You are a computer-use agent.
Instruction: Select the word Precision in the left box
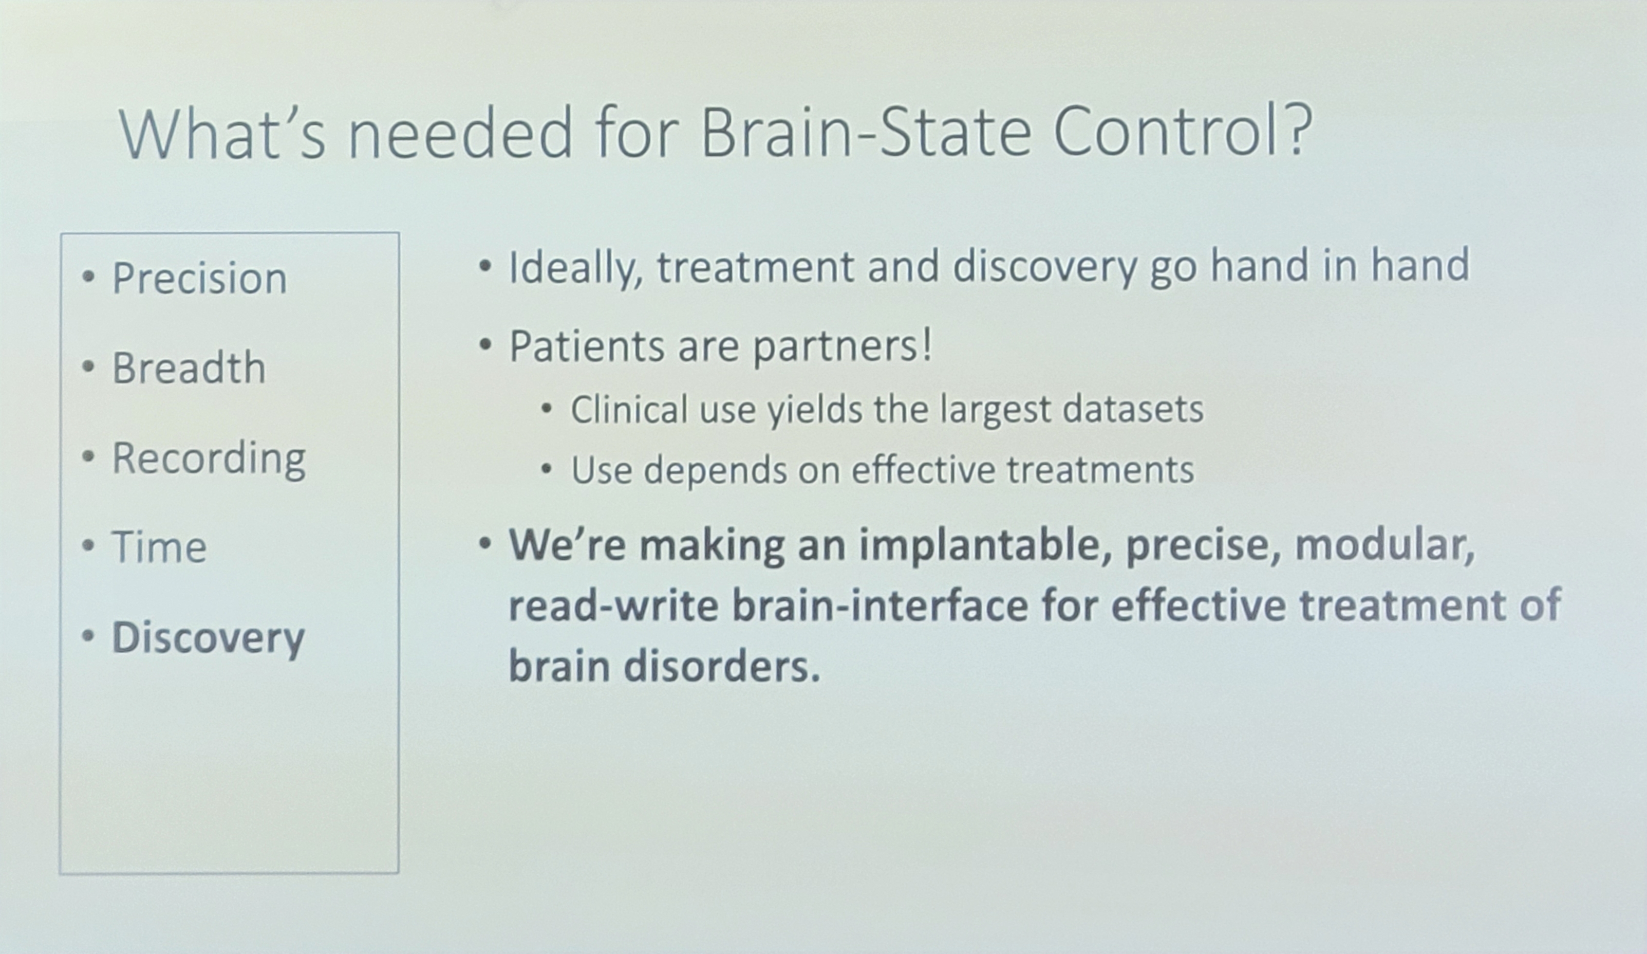199,278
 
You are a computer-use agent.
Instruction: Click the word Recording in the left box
209,459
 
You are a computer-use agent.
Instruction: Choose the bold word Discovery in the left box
209,637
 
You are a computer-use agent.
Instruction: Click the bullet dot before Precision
89,277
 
